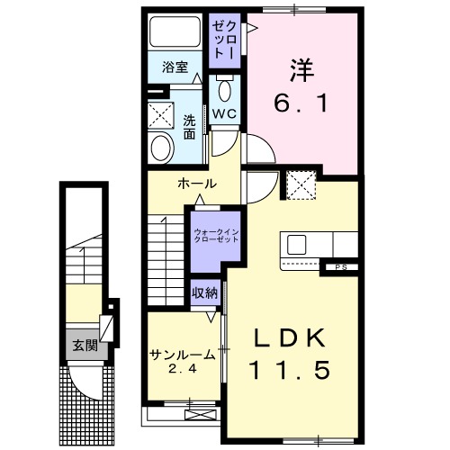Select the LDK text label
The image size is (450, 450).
(287, 338)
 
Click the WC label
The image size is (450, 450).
(223, 113)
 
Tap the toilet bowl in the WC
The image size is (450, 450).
(224, 89)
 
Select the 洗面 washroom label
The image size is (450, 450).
(190, 126)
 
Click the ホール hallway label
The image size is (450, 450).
(196, 184)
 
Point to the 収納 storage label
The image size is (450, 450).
(203, 292)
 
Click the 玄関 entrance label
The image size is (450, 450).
(85, 346)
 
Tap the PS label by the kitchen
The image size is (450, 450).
(341, 265)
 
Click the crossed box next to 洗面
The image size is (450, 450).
(162, 115)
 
